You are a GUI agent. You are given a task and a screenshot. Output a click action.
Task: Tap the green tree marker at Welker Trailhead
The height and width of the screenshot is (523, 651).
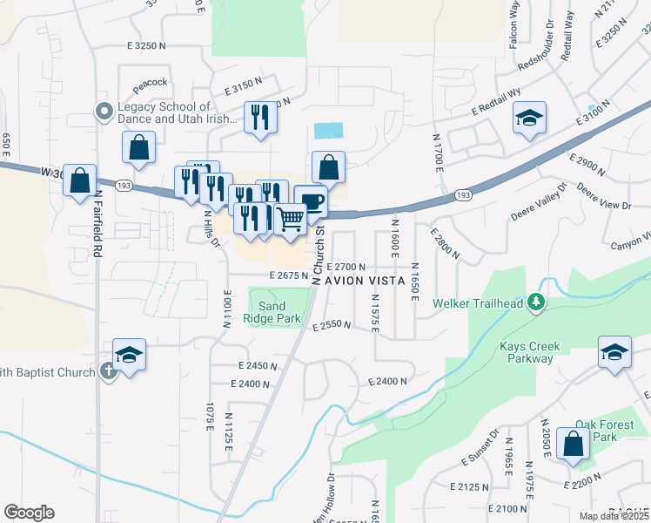(537, 302)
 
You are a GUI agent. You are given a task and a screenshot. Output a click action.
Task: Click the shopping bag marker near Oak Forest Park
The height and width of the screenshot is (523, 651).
(574, 443)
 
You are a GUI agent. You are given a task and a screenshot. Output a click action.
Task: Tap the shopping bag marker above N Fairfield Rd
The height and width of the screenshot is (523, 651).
(80, 180)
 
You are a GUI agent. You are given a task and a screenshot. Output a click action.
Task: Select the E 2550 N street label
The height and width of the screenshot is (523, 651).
(331, 325)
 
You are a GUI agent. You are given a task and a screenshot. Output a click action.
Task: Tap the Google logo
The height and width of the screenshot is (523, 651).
(29, 513)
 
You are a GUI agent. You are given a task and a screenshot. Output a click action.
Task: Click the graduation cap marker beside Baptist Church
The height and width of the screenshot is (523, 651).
(129, 355)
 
